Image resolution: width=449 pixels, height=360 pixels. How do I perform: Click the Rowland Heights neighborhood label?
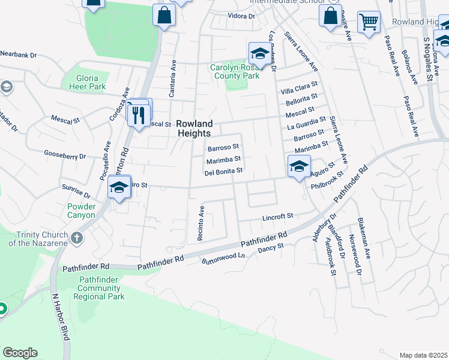pyautogui.click(x=194, y=128)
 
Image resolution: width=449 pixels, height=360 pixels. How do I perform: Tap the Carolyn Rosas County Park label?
pyautogui.click(x=235, y=72)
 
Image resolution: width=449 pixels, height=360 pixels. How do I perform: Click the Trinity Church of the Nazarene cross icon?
pyautogui.click(x=76, y=238)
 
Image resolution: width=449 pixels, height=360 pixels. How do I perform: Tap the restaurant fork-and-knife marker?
pyautogui.click(x=139, y=114)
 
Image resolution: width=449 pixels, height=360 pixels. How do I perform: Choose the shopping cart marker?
pyautogui.click(x=368, y=23)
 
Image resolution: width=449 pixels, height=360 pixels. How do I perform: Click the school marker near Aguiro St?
pyautogui.click(x=298, y=167)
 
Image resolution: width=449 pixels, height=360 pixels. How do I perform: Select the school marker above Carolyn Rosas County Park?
pyautogui.click(x=259, y=53)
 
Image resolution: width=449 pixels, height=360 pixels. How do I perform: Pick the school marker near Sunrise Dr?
pyautogui.click(x=119, y=188)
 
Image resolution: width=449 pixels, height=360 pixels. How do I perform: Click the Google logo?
pyautogui.click(x=20, y=353)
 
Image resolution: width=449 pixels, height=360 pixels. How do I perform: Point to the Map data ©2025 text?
pyautogui.click(x=423, y=355)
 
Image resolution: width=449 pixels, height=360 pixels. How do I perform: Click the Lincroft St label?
pyautogui.click(x=277, y=216)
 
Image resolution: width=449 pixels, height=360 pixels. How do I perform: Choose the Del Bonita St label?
pyautogui.click(x=223, y=172)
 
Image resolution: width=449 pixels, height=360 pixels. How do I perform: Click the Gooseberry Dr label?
pyautogui.click(x=65, y=156)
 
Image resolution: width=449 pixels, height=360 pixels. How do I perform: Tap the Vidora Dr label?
pyautogui.click(x=242, y=16)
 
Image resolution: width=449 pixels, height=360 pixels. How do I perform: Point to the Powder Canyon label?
pyautogui.click(x=77, y=211)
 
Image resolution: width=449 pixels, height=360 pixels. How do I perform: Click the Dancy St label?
pyautogui.click(x=270, y=248)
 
